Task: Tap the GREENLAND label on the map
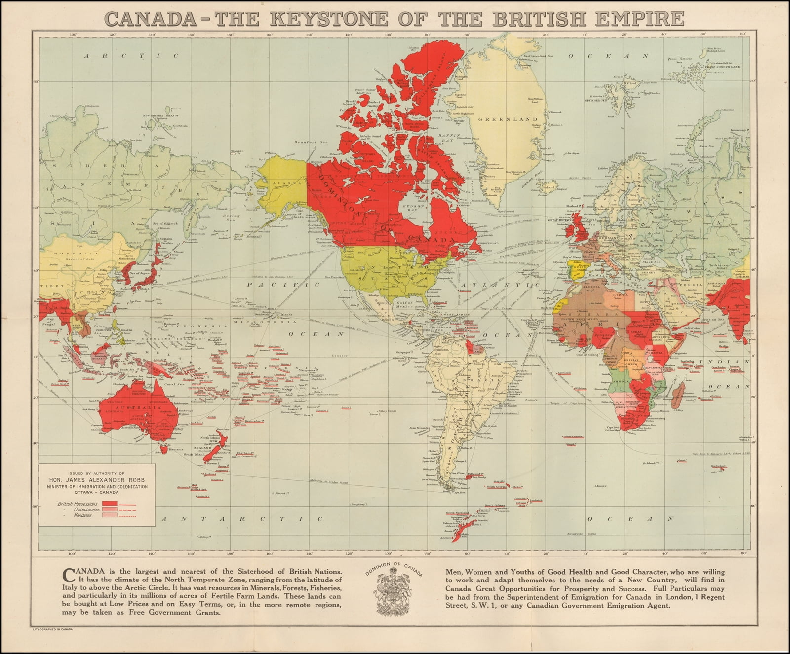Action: (x=501, y=119)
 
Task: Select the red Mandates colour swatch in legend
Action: (x=109, y=515)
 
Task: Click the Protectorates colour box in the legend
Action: (x=109, y=509)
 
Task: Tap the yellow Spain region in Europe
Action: (x=576, y=269)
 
